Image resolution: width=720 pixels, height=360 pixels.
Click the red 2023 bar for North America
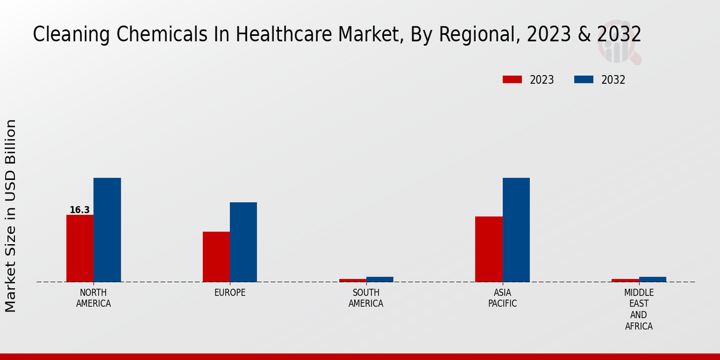coord(80,248)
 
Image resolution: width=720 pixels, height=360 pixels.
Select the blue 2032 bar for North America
coord(107,230)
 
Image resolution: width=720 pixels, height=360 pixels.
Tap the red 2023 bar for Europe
coord(216,257)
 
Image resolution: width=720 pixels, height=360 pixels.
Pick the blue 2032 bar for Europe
coord(243,242)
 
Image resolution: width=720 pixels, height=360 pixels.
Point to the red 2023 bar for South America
coord(352,280)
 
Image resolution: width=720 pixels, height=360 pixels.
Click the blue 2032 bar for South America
coord(380,279)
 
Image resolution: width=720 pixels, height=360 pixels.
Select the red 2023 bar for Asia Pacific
coord(488,249)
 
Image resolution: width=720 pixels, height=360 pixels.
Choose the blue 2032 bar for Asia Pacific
coord(516,230)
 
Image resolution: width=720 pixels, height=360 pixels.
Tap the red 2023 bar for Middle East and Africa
coord(625,280)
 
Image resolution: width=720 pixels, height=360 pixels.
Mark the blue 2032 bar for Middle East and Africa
coord(652,279)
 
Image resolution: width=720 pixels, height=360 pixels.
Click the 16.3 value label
coord(80,210)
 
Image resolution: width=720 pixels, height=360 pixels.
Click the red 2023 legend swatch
coord(512,80)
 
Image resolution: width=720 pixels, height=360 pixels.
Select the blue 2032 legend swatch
coord(584,80)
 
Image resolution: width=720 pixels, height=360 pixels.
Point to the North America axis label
coord(94,298)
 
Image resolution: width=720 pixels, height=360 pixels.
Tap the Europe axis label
coord(230,293)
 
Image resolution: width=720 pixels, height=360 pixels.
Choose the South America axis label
coord(366,298)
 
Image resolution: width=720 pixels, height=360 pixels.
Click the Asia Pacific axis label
coord(503,298)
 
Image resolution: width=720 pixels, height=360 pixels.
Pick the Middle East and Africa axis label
coord(638,310)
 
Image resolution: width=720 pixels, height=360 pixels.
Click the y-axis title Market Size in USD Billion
coord(11,215)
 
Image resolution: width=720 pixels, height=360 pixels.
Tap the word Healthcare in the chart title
coord(276,34)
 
